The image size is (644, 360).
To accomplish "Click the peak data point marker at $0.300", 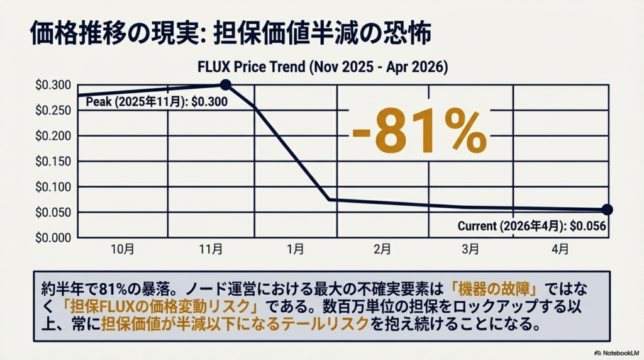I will (226, 85).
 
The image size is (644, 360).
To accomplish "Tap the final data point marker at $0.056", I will (607, 210).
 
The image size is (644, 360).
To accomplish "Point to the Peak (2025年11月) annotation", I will (157, 101).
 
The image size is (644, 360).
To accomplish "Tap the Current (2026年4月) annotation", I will (531, 226).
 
